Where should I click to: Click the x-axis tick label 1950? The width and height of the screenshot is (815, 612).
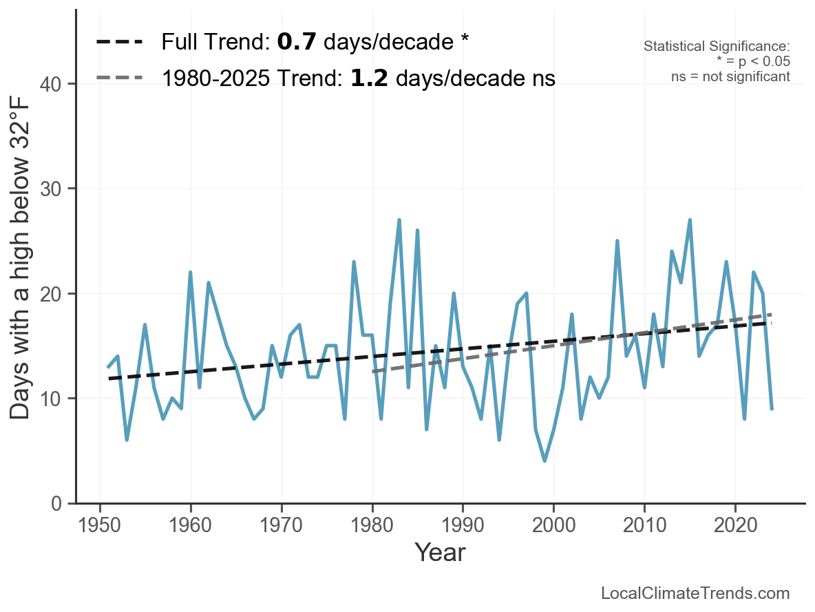(x=100, y=527)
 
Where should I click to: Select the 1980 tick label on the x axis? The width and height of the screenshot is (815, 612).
(x=372, y=527)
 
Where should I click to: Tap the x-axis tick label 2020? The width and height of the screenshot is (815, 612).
(x=735, y=527)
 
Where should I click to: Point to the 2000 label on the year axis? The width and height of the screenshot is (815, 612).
(x=553, y=527)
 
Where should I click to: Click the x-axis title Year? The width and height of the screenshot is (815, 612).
(x=440, y=552)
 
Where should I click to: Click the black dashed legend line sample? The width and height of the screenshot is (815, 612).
(x=119, y=42)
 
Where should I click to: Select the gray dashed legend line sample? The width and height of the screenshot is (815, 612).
(x=119, y=78)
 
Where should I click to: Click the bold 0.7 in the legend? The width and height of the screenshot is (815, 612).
(x=296, y=42)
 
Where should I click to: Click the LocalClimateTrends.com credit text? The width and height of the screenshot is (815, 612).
(x=695, y=593)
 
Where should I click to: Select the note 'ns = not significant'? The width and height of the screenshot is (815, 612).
(x=730, y=76)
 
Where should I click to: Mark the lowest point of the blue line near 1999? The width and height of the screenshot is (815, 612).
(x=544, y=461)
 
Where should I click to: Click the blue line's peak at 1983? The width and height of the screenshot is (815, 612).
(x=399, y=220)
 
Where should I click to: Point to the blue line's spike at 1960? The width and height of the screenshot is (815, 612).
(x=190, y=273)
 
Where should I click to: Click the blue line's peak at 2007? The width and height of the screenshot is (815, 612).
(x=617, y=241)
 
